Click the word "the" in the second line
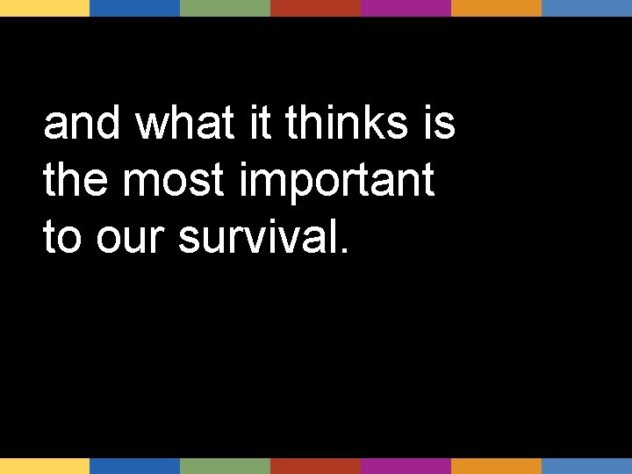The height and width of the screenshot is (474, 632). point(77,181)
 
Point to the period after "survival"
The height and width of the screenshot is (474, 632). point(342,251)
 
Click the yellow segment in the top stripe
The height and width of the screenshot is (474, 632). point(45,8)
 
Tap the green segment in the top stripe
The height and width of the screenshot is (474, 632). point(225,8)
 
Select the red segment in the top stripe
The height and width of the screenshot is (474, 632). point(315,8)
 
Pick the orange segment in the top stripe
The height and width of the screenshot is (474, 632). point(496,8)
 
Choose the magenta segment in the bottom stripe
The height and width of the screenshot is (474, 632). point(406,466)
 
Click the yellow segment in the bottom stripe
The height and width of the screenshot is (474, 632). point(45,466)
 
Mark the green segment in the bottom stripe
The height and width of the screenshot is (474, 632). point(225,466)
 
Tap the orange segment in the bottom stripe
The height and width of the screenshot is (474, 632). point(496,466)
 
